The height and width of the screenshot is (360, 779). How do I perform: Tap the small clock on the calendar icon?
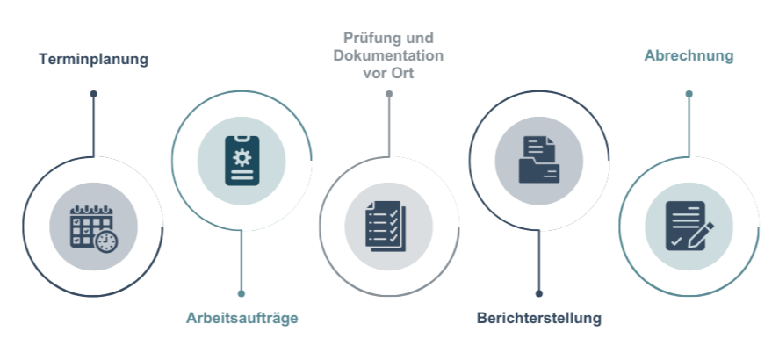(106, 241)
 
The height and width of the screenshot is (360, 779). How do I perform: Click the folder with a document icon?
(539, 159)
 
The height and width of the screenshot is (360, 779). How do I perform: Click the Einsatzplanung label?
(93, 61)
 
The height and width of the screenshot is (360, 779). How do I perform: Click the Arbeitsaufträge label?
(239, 318)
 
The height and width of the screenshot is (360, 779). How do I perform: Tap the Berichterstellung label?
(538, 317)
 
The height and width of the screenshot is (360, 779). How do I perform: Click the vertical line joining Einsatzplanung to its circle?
(93, 127)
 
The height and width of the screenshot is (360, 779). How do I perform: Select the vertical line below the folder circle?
(538, 263)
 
